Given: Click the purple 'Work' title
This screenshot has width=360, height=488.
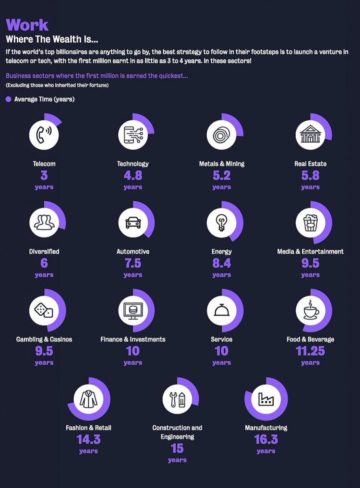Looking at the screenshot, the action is click(27, 25).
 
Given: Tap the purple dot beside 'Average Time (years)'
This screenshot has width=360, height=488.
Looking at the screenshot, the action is click(9, 99).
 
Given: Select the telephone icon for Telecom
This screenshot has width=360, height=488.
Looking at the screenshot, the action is click(44, 135).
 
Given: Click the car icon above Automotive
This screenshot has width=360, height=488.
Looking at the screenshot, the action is click(133, 222).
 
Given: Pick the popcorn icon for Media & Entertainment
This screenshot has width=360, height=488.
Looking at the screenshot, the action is click(310, 222).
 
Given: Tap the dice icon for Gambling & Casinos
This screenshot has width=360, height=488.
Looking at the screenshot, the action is click(44, 310).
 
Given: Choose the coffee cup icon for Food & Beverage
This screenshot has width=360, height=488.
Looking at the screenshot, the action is click(311, 310).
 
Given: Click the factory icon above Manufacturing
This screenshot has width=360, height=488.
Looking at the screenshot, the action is click(266, 399).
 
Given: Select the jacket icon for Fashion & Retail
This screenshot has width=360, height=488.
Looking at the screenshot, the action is click(89, 399).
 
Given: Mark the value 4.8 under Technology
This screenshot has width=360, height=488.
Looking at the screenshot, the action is click(133, 175).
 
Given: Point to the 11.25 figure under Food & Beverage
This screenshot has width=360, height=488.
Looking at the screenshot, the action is click(310, 351).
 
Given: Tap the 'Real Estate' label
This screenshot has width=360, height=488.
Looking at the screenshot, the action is click(310, 163).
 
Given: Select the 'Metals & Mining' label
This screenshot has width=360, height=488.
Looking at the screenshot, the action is click(222, 163).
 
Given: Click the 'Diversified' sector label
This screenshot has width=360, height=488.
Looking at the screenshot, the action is click(44, 251).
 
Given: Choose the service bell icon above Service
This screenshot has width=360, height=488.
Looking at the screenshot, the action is click(222, 310).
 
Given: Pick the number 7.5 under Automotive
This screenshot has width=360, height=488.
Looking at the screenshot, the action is click(133, 263).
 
